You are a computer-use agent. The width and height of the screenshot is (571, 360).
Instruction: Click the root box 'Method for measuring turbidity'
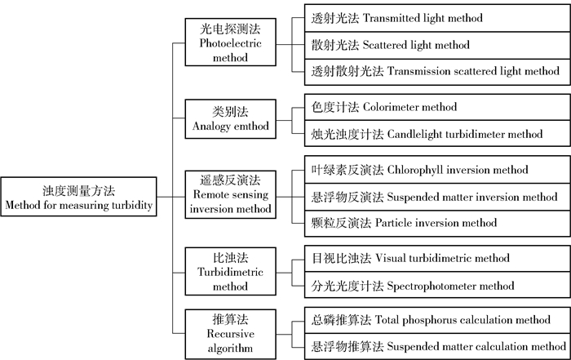[x=79, y=197]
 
